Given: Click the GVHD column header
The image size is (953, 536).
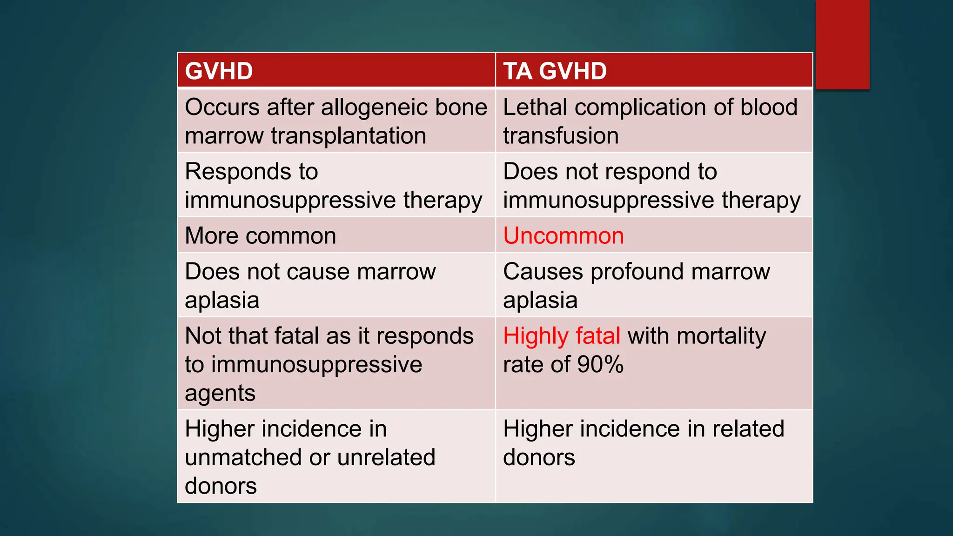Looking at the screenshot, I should coord(219,71).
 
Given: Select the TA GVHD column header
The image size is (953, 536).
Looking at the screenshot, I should coord(555,71).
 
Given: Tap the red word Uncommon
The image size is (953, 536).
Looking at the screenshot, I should coord(564,236).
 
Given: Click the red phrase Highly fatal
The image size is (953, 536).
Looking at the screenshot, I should coord(562,336).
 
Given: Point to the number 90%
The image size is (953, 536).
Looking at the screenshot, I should coord(600,364).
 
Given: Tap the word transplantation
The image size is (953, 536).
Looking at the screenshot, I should coord(349,136).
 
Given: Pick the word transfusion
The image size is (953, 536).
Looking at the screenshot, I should coord(561,136).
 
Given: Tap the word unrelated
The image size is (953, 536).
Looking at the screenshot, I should coord(386,457).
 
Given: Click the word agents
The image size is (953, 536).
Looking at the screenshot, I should coord(220,394).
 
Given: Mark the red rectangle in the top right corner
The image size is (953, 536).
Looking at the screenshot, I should coord(842,44).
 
